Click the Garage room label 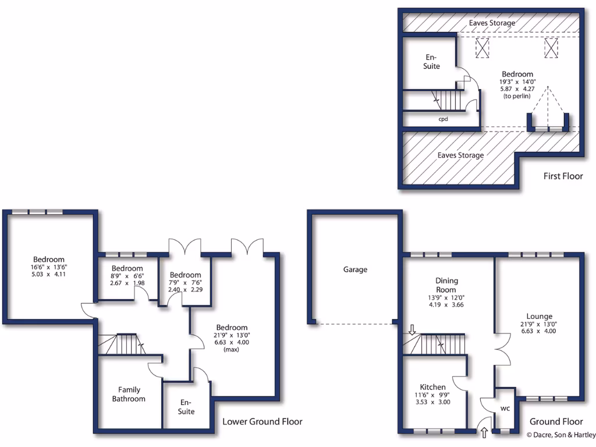point(355,269)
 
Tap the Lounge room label point(539,317)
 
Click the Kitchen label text point(433,387)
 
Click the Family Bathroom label point(129,394)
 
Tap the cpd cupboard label point(443,118)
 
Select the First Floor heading point(563,176)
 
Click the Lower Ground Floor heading point(262,421)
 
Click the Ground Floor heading point(556,421)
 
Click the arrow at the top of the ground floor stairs point(412,330)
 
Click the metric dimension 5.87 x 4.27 point(517,90)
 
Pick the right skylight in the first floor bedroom point(552,48)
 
